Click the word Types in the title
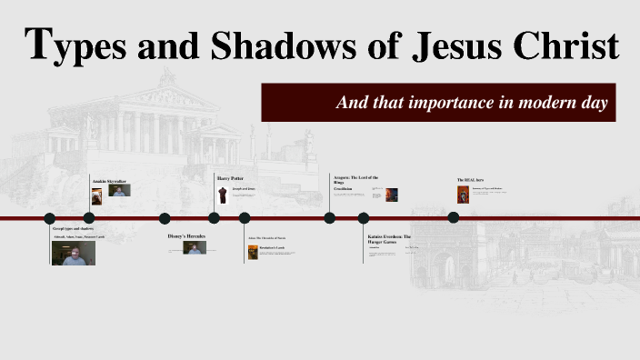(72, 46)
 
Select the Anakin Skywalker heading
(110, 181)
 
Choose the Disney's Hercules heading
(187, 236)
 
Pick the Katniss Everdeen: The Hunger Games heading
(390, 239)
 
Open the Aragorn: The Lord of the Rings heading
(355, 179)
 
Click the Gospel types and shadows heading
(74, 228)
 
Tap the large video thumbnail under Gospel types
(74, 253)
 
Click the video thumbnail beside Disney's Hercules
(195, 247)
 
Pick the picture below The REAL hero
(463, 195)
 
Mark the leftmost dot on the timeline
(50, 218)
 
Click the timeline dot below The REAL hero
(453, 217)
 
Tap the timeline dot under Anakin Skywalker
(88, 218)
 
